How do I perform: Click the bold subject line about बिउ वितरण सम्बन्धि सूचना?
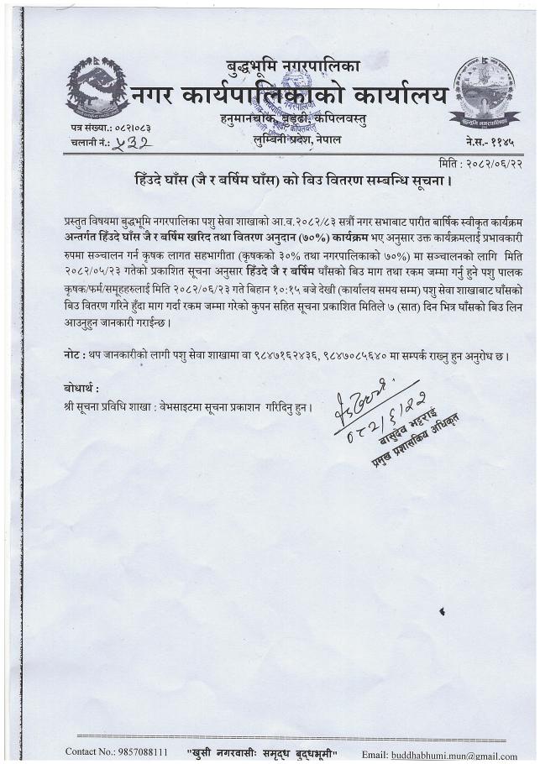[x=293, y=180]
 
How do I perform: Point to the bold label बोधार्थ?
[x=82, y=389]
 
